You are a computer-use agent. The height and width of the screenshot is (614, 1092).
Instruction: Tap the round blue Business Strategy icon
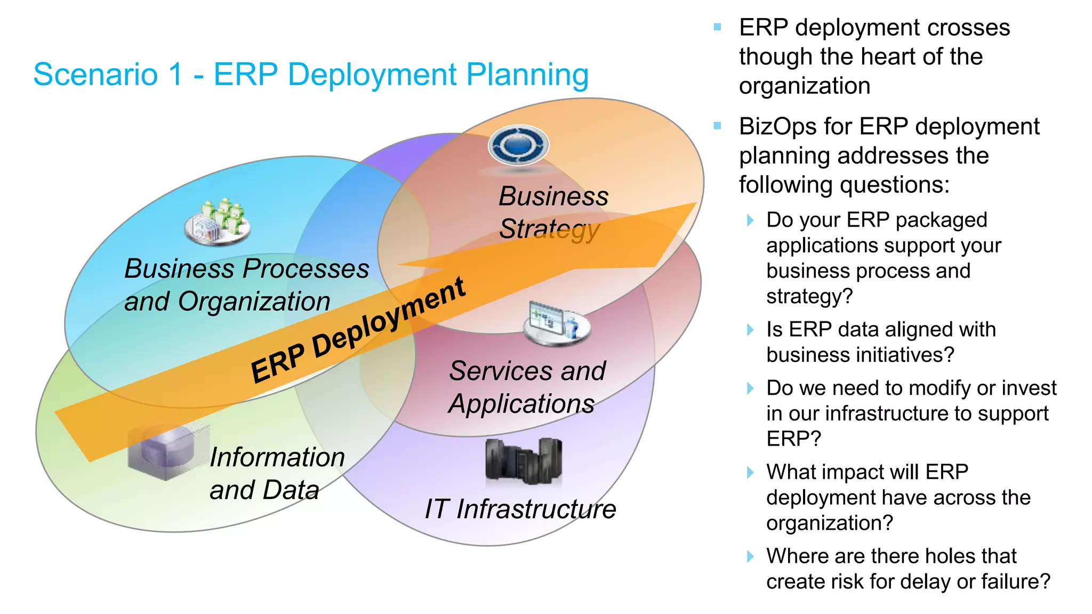(518, 145)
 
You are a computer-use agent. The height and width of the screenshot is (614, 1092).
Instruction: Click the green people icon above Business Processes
(218, 222)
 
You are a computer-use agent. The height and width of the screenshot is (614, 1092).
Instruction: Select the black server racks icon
(524, 461)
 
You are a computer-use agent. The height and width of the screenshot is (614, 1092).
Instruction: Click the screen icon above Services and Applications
(557, 323)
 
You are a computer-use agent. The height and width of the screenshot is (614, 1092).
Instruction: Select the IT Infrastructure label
(520, 508)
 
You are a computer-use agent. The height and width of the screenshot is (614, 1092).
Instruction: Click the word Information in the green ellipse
(277, 457)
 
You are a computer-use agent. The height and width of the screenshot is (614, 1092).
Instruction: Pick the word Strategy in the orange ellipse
(549, 229)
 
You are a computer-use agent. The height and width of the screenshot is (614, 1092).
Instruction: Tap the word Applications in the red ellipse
(521, 403)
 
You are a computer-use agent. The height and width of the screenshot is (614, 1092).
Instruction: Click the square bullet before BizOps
(718, 126)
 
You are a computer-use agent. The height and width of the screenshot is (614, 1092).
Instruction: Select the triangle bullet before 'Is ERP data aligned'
(750, 330)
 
